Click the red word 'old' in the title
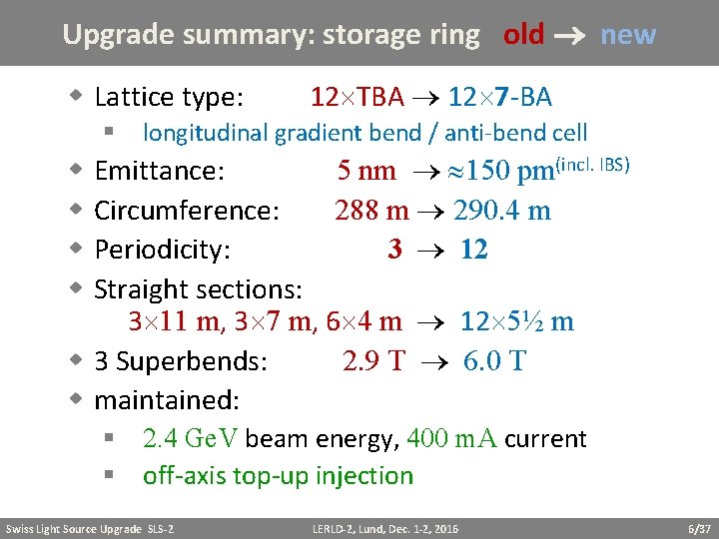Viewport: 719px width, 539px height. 524,35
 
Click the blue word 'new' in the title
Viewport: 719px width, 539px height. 628,35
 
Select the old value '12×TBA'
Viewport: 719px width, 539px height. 358,97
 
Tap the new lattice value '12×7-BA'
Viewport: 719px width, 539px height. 500,97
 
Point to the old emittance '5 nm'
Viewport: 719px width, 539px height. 366,171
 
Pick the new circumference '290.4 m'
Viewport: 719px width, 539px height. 502,211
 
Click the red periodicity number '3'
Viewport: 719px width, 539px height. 395,250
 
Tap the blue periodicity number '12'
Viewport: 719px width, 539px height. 474,250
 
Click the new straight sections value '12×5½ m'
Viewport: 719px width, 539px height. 516,321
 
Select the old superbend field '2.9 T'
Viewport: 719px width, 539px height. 372,360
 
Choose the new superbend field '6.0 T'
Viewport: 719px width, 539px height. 494,360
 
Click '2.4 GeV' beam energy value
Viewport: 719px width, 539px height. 191,439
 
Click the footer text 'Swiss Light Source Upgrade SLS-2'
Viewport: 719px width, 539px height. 90,528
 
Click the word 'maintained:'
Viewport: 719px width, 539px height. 167,400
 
